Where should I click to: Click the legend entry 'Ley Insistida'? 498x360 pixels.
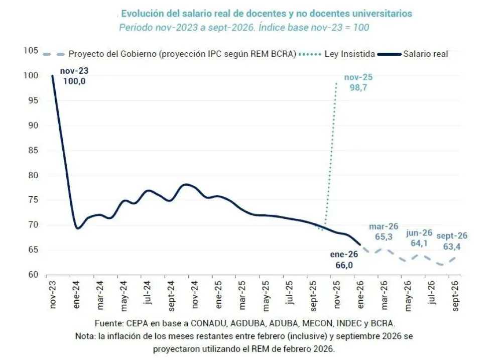click(346, 54)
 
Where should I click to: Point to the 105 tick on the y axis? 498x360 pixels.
click(31, 51)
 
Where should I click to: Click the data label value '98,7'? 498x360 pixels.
click(359, 87)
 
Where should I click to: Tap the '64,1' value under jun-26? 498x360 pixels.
click(420, 243)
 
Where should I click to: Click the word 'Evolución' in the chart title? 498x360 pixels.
click(143, 13)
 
